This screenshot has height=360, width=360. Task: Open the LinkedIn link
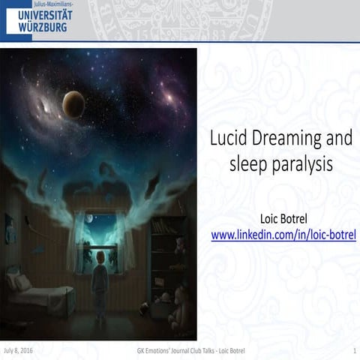pos(283,235)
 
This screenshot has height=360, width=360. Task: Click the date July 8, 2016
pos(18,350)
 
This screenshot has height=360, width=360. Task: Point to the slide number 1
pos(352,350)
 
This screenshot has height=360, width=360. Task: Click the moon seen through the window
pos(88,219)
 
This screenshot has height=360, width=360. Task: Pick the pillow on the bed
pos(19,283)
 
